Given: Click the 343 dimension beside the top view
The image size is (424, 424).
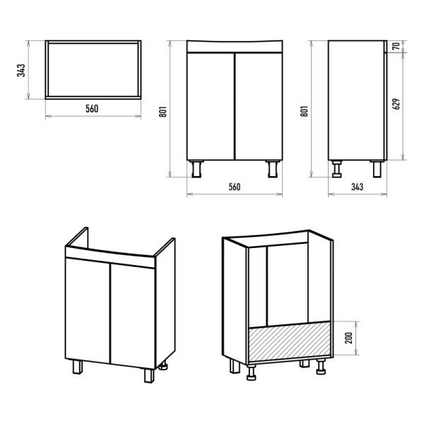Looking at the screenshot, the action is pos(21,70).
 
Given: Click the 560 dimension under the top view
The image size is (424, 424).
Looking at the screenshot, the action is pos(92,109).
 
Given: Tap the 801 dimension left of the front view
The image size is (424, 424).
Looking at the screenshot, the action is pos(163,112).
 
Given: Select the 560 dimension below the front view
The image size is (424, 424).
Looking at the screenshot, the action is pos(235,187).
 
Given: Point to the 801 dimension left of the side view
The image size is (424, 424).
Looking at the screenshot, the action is pos(305,111).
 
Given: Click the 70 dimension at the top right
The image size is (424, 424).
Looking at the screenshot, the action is pos(396,46).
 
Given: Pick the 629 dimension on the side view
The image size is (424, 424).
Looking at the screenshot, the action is pos(396,104).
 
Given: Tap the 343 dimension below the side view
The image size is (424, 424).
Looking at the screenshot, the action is pos(357,187).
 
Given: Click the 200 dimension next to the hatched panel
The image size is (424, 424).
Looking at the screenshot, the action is pos(349,338).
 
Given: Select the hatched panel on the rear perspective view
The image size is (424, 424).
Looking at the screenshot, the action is pos(289,341).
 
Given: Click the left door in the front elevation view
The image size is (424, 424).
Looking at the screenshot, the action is pos(211,106).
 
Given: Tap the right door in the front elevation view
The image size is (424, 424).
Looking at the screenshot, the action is pos(259,106).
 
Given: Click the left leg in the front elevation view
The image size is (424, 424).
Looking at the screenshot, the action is pos(196,169).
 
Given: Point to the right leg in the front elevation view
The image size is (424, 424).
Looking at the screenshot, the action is pos(273,169).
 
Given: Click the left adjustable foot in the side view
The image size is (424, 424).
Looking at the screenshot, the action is pos(337,169).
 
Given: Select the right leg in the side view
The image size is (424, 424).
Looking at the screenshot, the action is pos(377,169).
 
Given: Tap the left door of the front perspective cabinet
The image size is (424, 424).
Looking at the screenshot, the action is pos(88,311).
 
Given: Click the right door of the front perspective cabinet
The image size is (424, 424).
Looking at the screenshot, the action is pos(133,317).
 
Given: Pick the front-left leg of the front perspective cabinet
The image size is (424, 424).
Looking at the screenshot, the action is pos(77,367).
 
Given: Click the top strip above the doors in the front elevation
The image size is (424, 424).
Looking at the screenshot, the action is pos(235,47).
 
